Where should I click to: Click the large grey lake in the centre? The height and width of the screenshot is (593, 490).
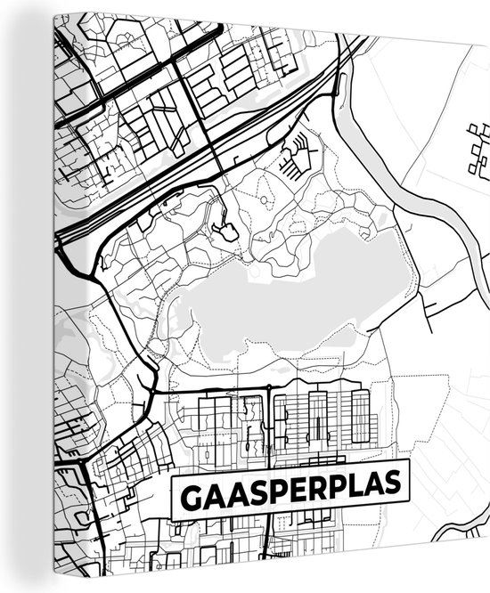click(285, 294)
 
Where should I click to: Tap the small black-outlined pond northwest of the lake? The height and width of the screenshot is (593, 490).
click(228, 233)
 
